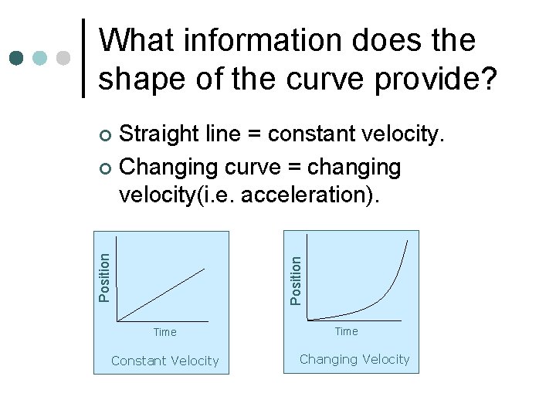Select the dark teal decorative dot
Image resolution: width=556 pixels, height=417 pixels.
pyautogui.click(x=17, y=58)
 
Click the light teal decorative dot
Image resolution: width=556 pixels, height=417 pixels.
pyautogui.click(x=40, y=58)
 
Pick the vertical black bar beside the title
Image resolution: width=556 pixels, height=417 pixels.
pyautogui.click(x=83, y=58)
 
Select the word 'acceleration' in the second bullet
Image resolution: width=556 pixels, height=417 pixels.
pyautogui.click(x=304, y=195)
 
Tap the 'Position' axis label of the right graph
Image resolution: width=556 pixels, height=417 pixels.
pyautogui.click(x=295, y=279)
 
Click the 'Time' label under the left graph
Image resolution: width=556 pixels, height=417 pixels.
pyautogui.click(x=164, y=332)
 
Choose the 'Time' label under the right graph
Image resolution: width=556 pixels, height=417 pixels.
pyautogui.click(x=346, y=331)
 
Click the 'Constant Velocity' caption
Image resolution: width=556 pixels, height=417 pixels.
pyautogui.click(x=164, y=361)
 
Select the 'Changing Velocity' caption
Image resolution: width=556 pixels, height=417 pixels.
pyautogui.click(x=354, y=359)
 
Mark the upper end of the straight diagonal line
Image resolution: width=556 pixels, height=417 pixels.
pyautogui.click(x=205, y=269)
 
